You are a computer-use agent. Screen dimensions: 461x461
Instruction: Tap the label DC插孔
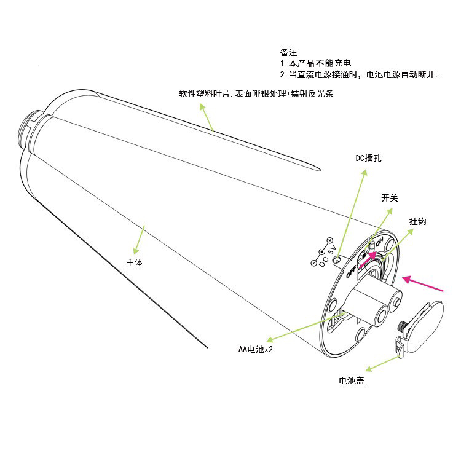point(369,158)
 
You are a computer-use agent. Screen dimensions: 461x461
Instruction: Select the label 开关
point(390,198)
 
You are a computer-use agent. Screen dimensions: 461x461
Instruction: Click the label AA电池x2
point(256,349)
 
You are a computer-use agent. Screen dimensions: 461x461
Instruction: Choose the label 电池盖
point(352,381)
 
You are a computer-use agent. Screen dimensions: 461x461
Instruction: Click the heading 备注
point(288,53)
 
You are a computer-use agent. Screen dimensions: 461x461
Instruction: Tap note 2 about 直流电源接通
point(360,74)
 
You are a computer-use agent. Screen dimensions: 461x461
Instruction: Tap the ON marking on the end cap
point(380,240)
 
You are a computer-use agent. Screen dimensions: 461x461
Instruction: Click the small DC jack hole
point(336,261)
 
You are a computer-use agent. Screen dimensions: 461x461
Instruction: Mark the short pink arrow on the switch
point(370,259)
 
